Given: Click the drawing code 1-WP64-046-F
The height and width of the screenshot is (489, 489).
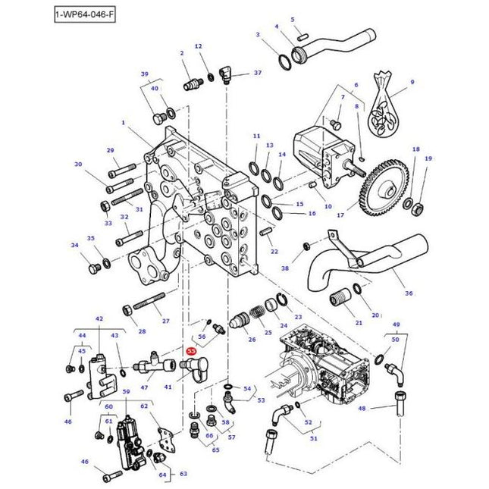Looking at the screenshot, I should [x=85, y=14].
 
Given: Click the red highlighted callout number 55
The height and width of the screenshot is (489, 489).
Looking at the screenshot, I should [x=192, y=352].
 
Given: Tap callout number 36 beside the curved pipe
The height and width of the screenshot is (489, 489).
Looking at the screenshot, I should [x=409, y=293].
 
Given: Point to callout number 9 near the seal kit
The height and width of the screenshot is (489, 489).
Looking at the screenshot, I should [x=412, y=82].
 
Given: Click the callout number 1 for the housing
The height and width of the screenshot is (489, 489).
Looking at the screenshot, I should [x=124, y=121].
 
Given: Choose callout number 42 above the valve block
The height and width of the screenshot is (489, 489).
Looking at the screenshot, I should [x=99, y=320].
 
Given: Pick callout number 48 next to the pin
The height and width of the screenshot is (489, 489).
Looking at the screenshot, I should [x=362, y=409].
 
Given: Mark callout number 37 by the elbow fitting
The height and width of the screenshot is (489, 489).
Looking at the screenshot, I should [x=258, y=73].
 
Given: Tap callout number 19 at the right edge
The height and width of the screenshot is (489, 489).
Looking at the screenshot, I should [x=428, y=158].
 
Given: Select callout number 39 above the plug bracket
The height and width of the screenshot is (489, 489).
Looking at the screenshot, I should [x=144, y=74].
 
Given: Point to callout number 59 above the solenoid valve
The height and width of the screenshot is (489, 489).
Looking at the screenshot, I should [x=127, y=392].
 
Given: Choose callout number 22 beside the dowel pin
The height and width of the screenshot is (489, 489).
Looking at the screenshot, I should [x=274, y=251].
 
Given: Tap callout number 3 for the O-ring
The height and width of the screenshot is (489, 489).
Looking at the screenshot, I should [x=257, y=35].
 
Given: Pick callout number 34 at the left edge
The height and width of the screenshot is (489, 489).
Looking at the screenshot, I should [x=74, y=245].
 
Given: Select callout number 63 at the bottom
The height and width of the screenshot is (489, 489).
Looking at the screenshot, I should [x=183, y=475].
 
